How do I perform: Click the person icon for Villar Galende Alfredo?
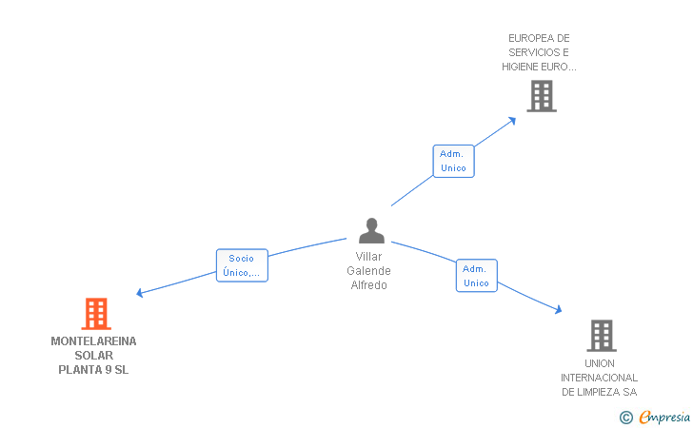click(371, 231)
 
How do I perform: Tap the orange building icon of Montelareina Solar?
click(95, 313)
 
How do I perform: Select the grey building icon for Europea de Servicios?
click(541, 96)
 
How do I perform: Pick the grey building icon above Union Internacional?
click(601, 335)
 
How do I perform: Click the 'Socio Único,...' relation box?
click(242, 265)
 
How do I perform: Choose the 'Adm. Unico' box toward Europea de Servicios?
click(453, 161)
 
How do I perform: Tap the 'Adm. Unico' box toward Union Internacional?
click(476, 276)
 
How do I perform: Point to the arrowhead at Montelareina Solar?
click(140, 293)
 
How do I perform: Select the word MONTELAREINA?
click(93, 340)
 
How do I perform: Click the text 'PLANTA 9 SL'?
click(93, 370)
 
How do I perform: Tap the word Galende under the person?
click(368, 271)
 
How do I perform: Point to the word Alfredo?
click(368, 285)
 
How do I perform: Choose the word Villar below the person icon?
click(368, 257)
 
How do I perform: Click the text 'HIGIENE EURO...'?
click(540, 67)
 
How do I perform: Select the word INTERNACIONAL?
click(599, 378)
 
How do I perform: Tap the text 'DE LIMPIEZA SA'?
click(599, 392)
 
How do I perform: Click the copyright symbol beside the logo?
click(625, 417)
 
